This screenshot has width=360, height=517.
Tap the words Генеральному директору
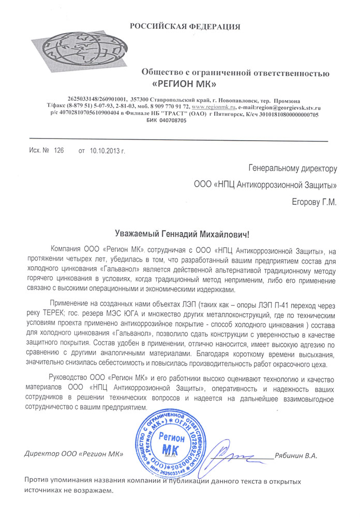293,168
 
